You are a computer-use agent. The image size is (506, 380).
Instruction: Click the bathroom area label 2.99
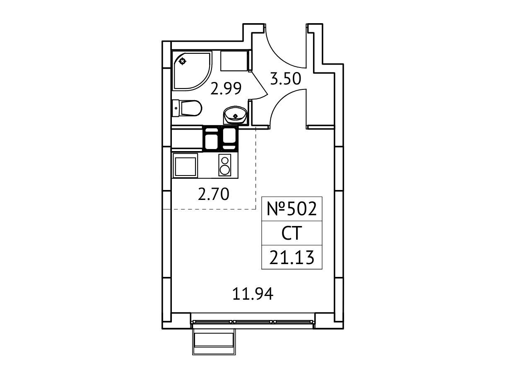click(x=226, y=88)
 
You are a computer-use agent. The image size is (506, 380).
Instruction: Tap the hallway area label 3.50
click(x=285, y=79)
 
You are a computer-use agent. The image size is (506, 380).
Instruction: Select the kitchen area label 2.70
click(x=214, y=194)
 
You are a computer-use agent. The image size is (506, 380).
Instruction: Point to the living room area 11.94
click(x=253, y=294)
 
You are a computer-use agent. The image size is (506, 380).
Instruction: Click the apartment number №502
click(x=292, y=209)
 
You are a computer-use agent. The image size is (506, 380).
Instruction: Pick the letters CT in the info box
click(x=292, y=233)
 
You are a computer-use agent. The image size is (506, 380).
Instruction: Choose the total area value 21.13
click(x=292, y=257)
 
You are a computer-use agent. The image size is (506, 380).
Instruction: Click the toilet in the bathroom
click(x=187, y=108)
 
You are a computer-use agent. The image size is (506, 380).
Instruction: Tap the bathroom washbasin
click(x=236, y=115)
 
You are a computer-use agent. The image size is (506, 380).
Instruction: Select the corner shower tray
click(x=192, y=71)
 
